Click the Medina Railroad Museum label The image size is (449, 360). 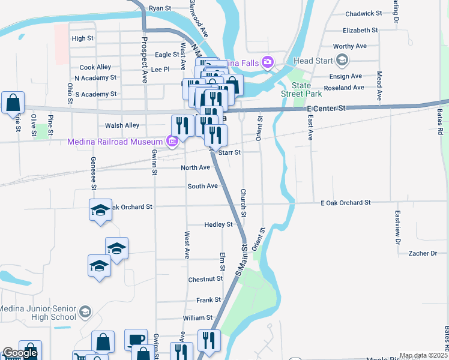[115, 142]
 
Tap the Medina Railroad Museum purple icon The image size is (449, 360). [172, 142]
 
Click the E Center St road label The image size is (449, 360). [326, 109]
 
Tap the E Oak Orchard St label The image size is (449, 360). [346, 203]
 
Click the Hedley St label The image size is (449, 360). [218, 224]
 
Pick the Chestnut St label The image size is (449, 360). [205, 279]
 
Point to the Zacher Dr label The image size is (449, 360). [423, 254]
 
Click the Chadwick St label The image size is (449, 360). [364, 13]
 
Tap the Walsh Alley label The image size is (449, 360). [122, 125]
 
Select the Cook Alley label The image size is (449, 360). [95, 68]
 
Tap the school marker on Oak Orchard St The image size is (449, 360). [101, 210]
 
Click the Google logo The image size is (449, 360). [20, 353]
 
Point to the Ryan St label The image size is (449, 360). [160, 8]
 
